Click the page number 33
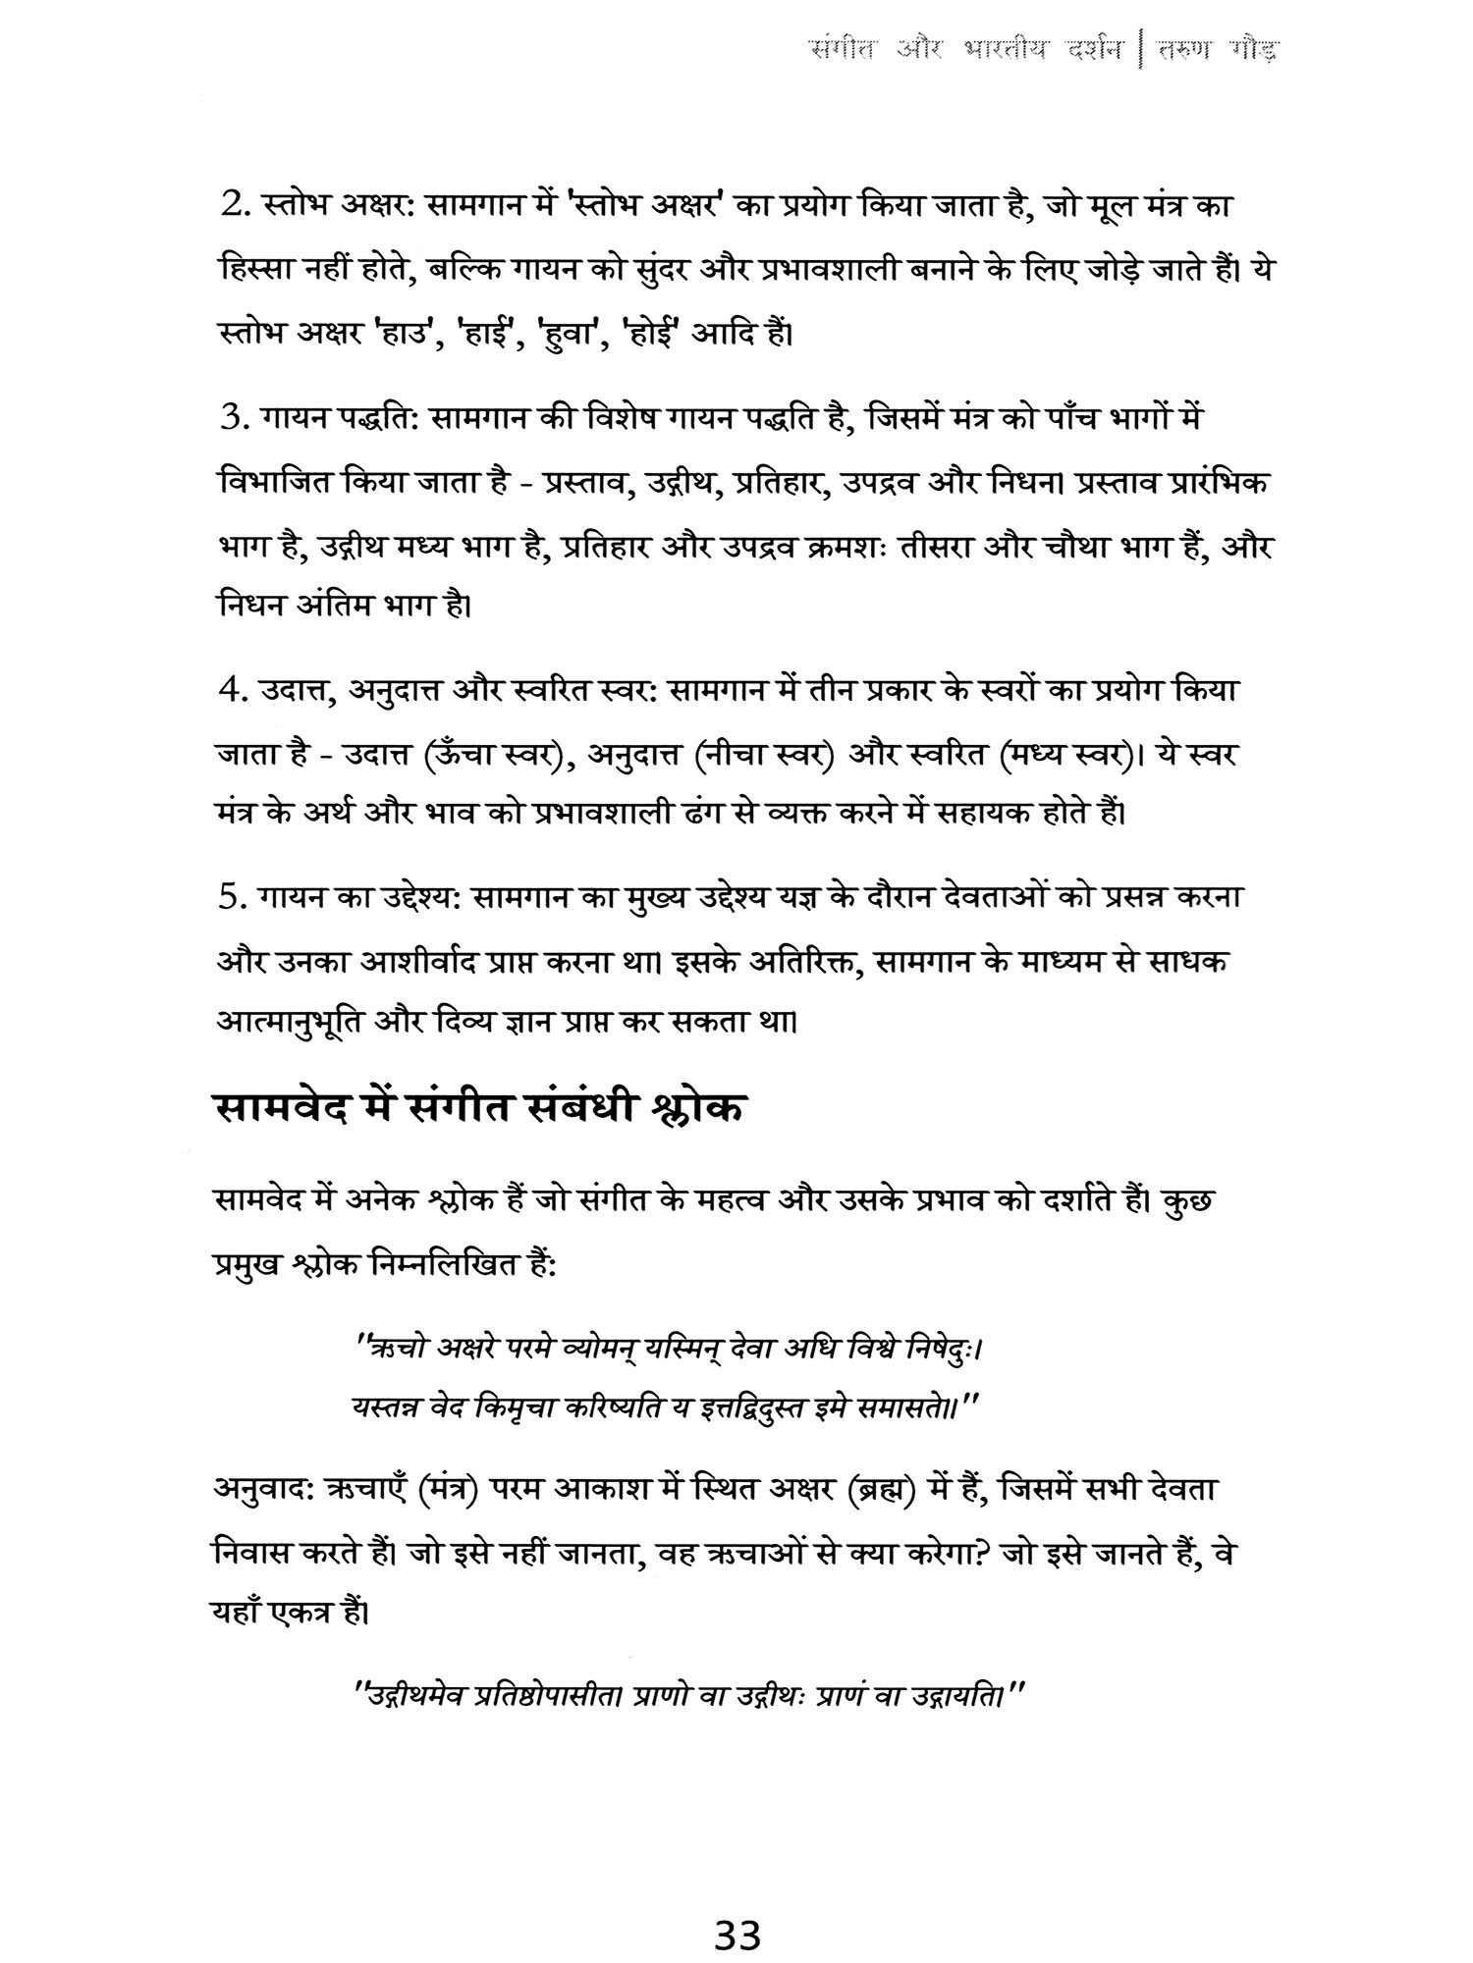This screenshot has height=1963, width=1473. (737, 1908)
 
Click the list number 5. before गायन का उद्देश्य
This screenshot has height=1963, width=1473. (236, 898)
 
